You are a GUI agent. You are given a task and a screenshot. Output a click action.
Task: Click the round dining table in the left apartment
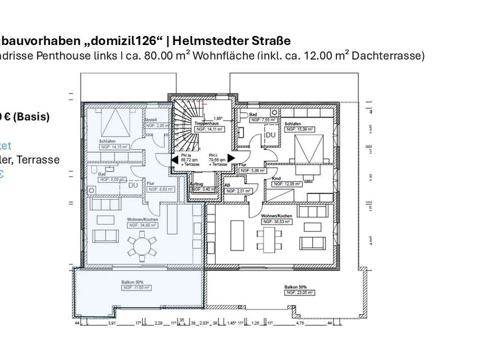click(x=142, y=247)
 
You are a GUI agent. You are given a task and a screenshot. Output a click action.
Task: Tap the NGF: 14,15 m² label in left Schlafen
click(x=114, y=147)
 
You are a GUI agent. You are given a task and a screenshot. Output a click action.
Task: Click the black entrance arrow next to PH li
click(x=231, y=159)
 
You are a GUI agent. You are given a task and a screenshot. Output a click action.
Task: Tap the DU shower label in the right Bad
click(x=271, y=135)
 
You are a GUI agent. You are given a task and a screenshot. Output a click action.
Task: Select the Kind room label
click(x=276, y=179)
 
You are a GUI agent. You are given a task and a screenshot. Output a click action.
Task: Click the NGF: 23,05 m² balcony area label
click(x=300, y=292)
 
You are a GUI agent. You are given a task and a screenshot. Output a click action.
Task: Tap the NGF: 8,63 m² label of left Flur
click(x=161, y=189)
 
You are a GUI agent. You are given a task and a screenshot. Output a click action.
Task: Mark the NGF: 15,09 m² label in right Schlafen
click(x=299, y=129)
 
